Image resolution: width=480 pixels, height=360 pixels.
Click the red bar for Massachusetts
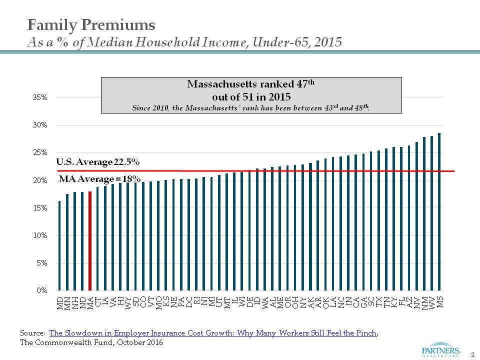(90, 241)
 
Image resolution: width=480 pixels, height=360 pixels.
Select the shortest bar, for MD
(59, 246)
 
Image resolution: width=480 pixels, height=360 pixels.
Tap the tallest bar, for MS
(439, 212)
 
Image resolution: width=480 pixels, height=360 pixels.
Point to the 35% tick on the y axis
(40, 97)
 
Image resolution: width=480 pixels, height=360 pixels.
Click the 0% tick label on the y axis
(42, 290)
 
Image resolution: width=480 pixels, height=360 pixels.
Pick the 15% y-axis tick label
(40, 208)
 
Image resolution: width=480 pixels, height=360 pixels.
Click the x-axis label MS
(439, 302)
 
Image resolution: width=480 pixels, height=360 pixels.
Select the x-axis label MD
(60, 303)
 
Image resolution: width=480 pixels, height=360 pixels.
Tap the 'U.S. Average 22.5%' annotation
(98, 161)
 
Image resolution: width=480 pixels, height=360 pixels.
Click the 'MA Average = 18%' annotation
(100, 179)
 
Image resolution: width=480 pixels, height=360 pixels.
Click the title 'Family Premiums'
(91, 25)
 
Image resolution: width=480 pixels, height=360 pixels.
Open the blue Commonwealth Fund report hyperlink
(213, 333)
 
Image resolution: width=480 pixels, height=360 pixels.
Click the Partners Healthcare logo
(440, 350)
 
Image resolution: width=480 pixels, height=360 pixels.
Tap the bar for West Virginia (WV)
(431, 213)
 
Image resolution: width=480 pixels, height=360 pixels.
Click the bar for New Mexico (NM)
(424, 214)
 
